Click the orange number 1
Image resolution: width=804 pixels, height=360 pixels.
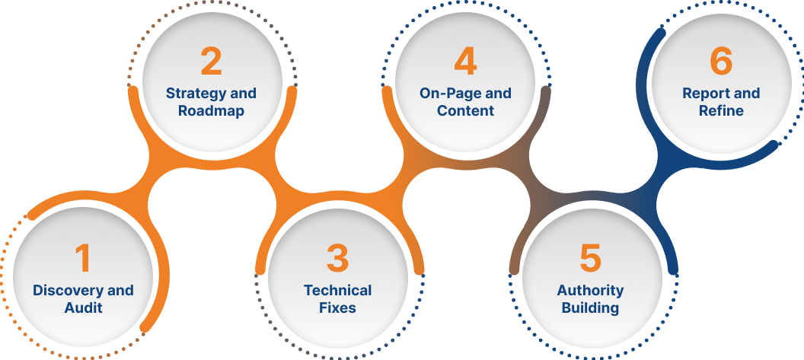82,259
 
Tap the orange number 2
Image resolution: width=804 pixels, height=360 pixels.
211,62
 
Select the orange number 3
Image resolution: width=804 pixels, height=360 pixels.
337,259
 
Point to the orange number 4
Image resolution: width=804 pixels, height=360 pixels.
465,62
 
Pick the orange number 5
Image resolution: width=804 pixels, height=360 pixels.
590,259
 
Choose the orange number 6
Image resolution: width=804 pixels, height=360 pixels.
720,62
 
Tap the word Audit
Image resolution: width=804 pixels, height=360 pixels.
83,308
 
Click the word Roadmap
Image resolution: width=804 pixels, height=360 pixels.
211,111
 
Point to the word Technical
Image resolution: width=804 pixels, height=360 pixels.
337,290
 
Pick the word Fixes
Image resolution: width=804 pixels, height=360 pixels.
337,308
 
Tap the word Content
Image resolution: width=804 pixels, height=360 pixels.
465,111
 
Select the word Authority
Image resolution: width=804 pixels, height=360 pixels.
590,290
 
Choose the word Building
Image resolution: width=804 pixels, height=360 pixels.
590,308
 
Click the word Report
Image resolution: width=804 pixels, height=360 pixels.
705,94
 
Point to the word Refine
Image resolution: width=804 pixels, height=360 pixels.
720,111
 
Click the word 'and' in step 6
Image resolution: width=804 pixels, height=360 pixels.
746,94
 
